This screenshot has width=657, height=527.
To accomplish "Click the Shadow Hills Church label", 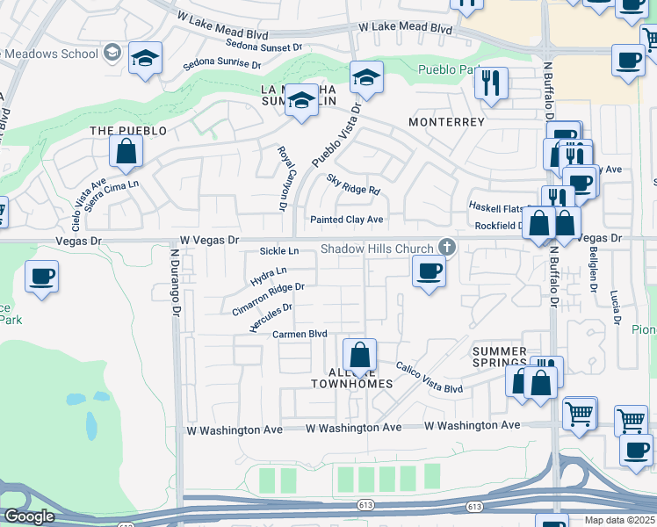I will [x=377, y=249].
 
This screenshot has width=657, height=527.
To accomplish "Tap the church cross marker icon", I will [x=447, y=248].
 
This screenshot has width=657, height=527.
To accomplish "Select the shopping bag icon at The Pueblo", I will [x=126, y=151].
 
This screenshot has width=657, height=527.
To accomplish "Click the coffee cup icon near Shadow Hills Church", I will [x=429, y=271].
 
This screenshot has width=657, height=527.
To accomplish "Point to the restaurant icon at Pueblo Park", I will [x=490, y=83].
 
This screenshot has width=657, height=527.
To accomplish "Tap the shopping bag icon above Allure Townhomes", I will [x=359, y=356].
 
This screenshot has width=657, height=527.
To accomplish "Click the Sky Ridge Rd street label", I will [x=353, y=184].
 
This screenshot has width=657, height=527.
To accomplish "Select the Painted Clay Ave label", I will [x=346, y=220].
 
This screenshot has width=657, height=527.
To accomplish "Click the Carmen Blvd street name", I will [x=300, y=335].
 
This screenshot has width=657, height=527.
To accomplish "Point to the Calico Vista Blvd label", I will [x=429, y=378].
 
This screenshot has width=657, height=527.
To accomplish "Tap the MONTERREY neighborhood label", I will [x=446, y=122].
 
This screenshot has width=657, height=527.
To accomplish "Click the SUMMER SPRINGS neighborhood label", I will [x=500, y=357].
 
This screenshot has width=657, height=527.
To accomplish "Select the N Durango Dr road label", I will [x=175, y=281].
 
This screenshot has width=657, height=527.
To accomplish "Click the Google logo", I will [x=29, y=516].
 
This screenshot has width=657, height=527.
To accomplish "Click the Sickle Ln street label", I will [x=279, y=251].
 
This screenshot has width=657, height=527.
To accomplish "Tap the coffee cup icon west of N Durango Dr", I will [x=42, y=277].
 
